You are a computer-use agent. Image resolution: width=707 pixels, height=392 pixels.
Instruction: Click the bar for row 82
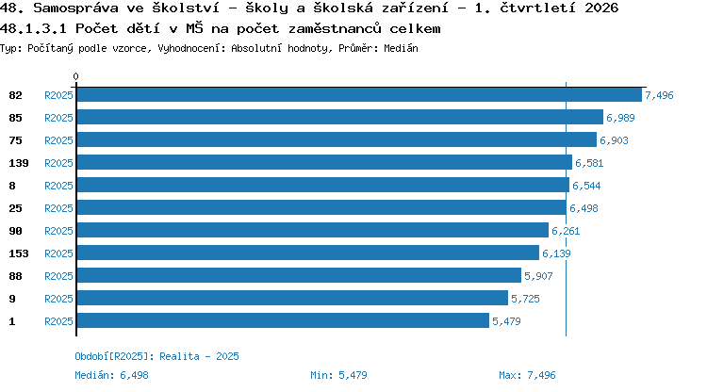point(359,94)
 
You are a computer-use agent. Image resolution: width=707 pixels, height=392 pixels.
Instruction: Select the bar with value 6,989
point(340,117)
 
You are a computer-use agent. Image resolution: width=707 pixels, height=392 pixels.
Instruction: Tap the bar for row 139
point(324,162)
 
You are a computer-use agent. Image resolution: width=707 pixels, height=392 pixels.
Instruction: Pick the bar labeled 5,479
point(283,320)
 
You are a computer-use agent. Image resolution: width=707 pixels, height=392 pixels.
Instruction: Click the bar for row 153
point(308,253)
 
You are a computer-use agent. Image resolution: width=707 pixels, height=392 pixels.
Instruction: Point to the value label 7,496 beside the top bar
point(659,95)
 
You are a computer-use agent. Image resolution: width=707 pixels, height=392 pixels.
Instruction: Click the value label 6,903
point(614,140)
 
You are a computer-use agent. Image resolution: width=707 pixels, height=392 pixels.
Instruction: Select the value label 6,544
point(586,186)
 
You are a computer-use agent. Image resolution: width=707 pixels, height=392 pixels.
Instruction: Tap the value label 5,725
point(525,299)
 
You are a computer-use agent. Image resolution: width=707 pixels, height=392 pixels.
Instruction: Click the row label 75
point(15,140)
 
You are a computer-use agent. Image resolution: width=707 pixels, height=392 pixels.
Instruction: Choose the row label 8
point(12,186)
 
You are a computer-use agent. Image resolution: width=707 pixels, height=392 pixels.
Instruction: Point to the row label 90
point(15,231)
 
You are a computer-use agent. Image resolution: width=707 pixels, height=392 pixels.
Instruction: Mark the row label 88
point(15,276)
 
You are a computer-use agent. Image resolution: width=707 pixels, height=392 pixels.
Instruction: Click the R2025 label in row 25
point(58,208)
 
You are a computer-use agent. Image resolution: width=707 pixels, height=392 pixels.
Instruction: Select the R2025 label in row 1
point(58,321)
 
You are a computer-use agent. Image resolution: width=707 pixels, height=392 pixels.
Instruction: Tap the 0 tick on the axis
point(75,76)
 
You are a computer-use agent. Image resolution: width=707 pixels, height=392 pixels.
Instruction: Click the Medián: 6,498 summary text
point(111,375)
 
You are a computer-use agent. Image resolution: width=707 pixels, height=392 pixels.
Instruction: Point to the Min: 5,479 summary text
point(338,375)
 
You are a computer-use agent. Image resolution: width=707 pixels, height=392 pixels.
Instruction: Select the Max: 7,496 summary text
point(527,375)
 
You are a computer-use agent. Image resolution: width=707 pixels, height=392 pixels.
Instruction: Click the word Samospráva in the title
point(75,8)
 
